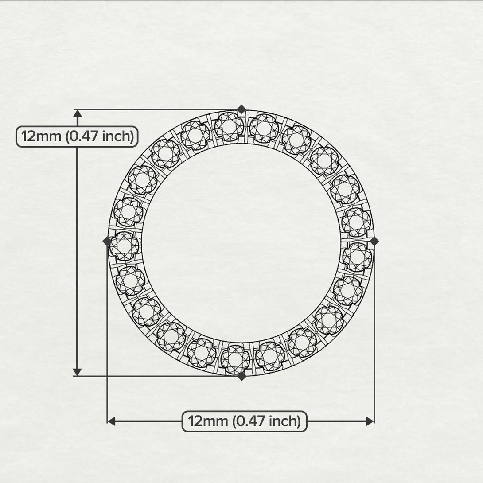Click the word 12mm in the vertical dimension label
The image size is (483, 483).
(x=42, y=136)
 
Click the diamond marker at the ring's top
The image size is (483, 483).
(x=241, y=109)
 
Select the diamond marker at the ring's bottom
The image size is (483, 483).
(x=241, y=376)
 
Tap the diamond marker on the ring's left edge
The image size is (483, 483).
(x=107, y=241)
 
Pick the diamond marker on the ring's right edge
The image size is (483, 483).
(x=374, y=241)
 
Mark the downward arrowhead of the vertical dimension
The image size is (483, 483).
(x=78, y=371)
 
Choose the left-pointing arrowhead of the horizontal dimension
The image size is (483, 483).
(x=112, y=421)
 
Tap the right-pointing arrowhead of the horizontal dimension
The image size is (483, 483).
(x=370, y=421)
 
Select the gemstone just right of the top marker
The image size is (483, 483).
(x=264, y=128)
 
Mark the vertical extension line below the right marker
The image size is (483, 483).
(x=374, y=332)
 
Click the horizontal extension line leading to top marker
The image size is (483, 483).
(x=155, y=109)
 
